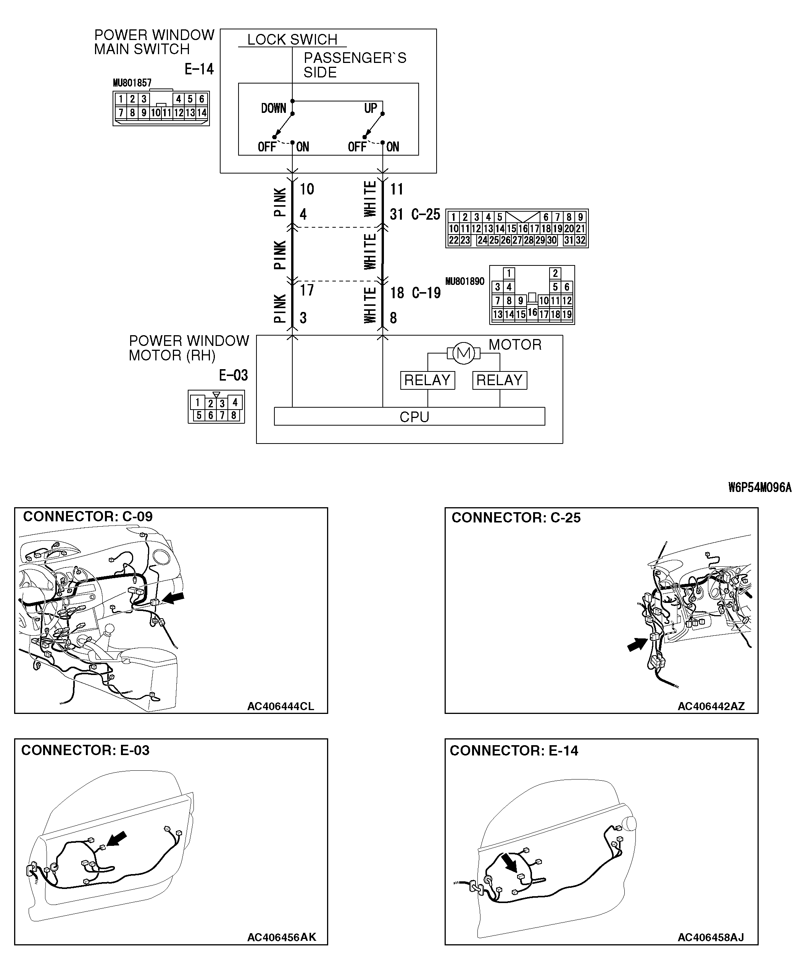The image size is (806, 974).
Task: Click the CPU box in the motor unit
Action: [x=409, y=416]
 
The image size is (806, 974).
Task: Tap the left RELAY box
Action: [x=427, y=380]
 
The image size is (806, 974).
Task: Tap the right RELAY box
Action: [x=499, y=380]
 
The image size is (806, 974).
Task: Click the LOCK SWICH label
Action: [x=292, y=39]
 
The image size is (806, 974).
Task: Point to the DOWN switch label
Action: [x=273, y=109]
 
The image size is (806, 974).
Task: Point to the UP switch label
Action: [x=371, y=109]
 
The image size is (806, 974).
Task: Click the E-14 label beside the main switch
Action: [x=199, y=69]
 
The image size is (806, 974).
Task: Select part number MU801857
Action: [x=132, y=83]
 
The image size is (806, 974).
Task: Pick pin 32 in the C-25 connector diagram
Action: [x=580, y=240]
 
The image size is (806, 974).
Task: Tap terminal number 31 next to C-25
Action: [x=396, y=214]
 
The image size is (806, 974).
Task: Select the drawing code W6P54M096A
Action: [x=759, y=487]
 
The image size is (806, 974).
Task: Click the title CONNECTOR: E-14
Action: [x=514, y=751]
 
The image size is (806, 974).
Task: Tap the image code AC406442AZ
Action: [x=711, y=706]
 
